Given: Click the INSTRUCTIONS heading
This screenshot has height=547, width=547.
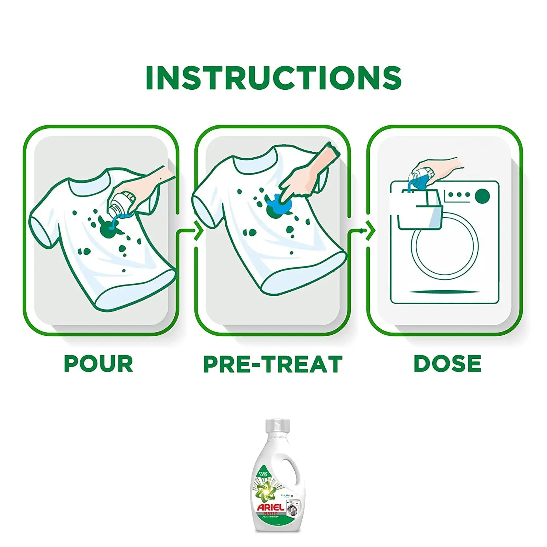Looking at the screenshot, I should [273, 78].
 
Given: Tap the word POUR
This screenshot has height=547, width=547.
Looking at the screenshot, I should [98, 364].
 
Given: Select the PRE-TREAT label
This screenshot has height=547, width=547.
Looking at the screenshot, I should [273, 364].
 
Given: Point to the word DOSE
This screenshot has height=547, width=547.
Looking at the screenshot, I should [447, 364].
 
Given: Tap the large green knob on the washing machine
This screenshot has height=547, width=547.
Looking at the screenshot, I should [482, 196].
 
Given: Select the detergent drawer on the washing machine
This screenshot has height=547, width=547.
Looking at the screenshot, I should [419, 215].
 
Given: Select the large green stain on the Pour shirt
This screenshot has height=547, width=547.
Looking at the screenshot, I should [106, 229].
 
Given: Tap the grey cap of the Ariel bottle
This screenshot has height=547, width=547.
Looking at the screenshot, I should [277, 426].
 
